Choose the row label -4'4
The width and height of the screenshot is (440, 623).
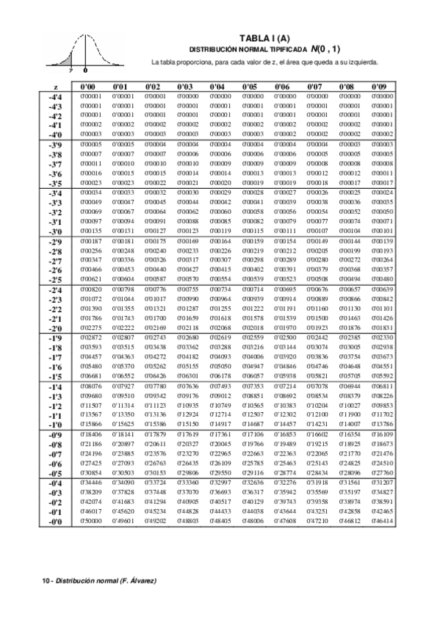pyautogui.click(x=55, y=97)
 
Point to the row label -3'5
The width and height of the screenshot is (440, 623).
pyautogui.click(x=55, y=184)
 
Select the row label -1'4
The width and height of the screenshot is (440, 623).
pyautogui.click(x=55, y=386)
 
